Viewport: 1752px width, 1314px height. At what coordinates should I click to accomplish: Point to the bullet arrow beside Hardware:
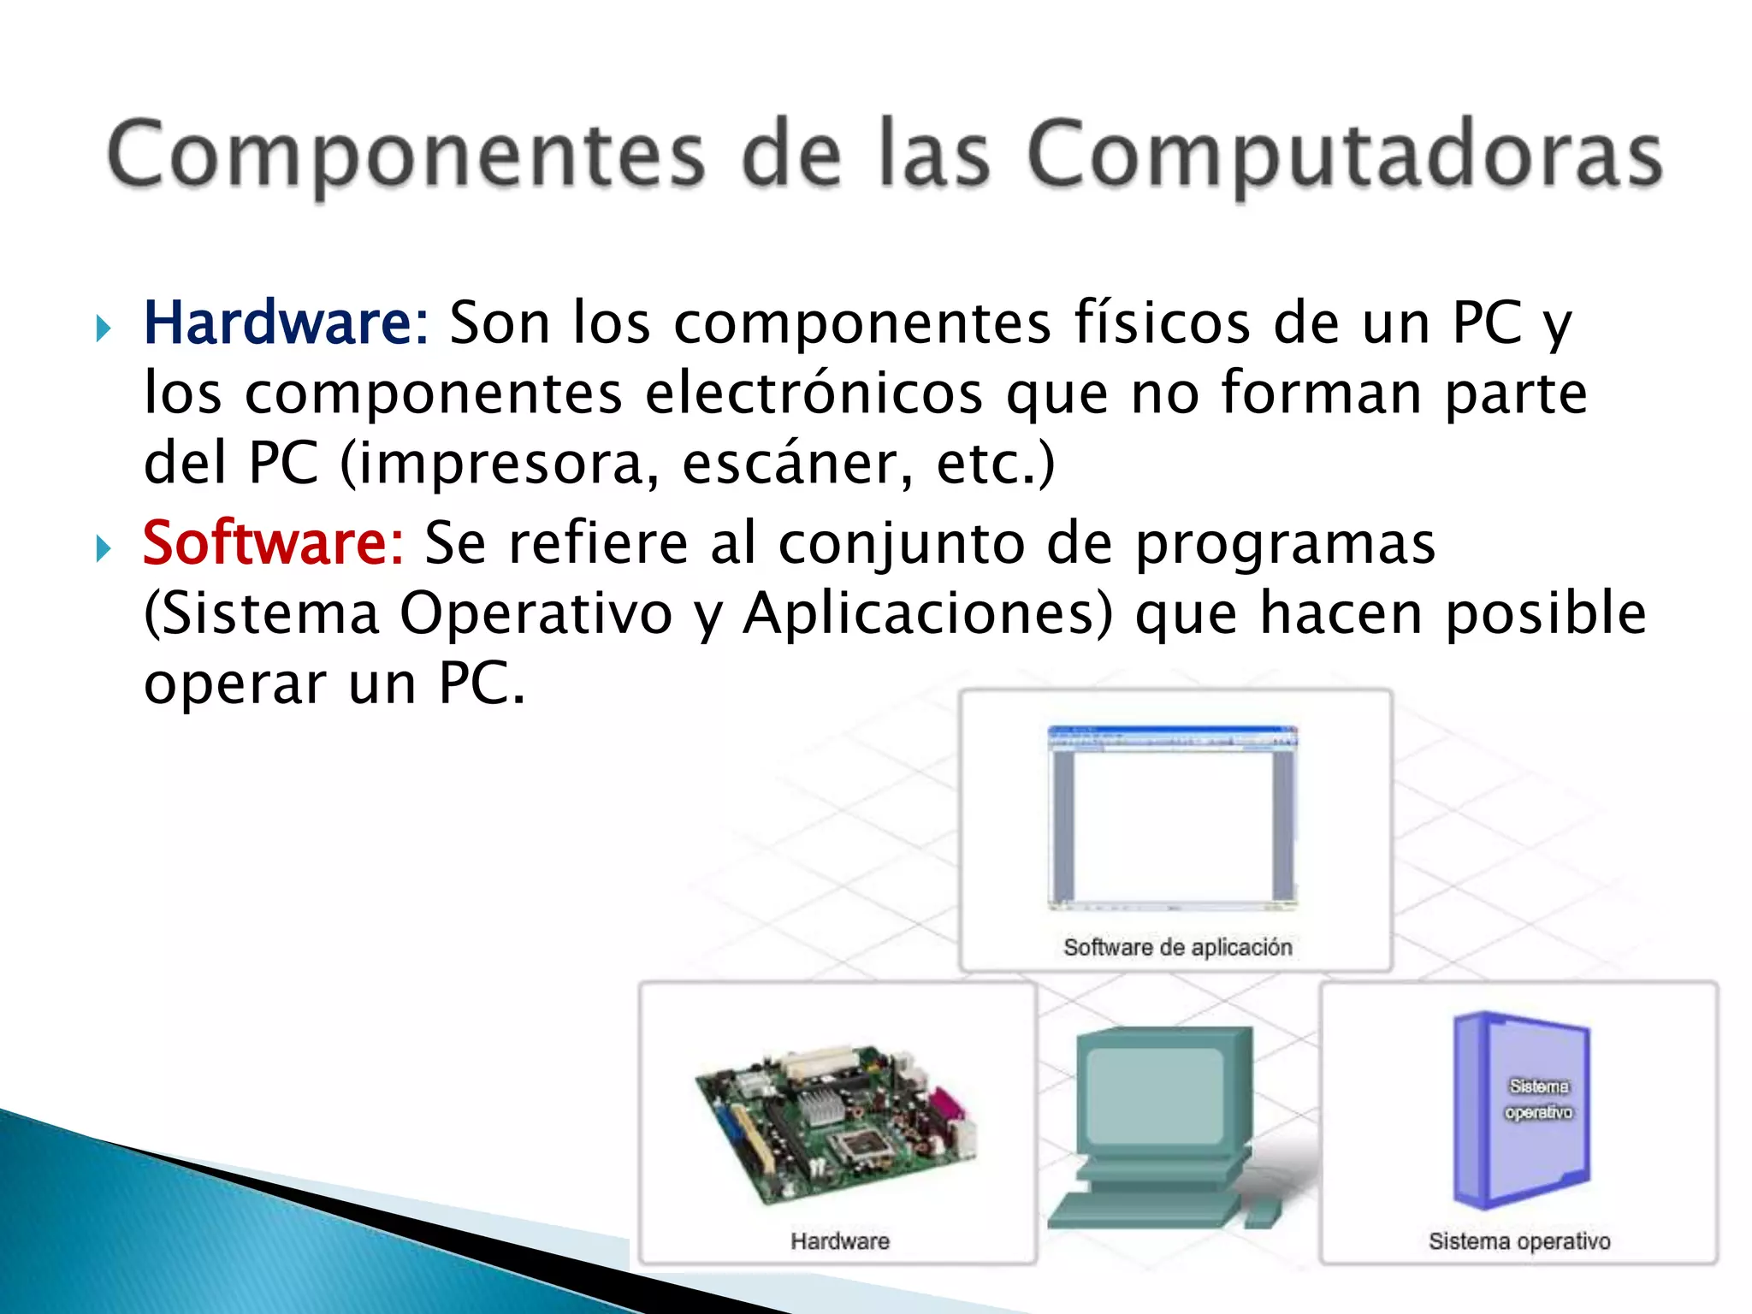[x=104, y=328]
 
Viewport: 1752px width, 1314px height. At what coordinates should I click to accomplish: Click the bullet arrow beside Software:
[x=104, y=548]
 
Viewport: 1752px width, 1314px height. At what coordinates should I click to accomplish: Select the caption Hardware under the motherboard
[x=839, y=1240]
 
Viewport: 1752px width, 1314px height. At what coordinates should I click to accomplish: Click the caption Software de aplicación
[x=1177, y=947]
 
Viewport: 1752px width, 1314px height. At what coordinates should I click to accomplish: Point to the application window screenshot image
[x=1173, y=817]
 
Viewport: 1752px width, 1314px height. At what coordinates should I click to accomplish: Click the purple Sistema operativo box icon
[x=1521, y=1110]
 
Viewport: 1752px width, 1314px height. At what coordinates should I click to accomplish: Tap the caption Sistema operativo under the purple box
[x=1519, y=1240]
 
